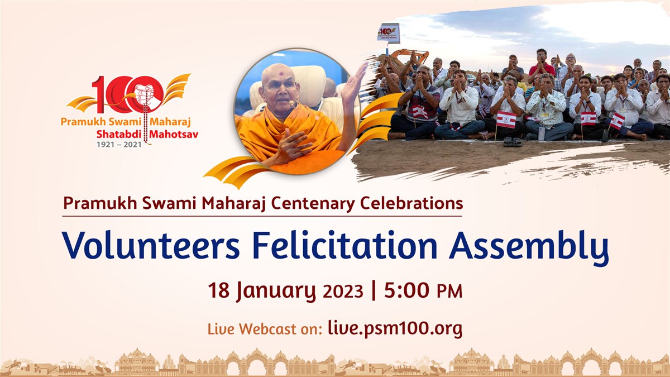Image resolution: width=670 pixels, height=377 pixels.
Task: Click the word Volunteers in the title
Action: [151, 245]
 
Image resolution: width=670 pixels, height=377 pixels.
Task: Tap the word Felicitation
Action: [345, 245]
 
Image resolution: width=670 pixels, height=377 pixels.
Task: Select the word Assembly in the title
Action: [529, 248]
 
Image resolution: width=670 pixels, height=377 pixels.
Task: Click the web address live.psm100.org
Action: [395, 328]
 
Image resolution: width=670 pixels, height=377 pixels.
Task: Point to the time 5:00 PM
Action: [423, 290]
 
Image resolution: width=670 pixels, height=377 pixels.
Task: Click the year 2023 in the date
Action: [343, 291]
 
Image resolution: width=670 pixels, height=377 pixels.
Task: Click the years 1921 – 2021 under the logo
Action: [119, 145]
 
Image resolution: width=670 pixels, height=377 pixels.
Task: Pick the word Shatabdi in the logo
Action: [119, 135]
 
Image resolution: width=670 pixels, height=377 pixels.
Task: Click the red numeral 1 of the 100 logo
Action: [99, 94]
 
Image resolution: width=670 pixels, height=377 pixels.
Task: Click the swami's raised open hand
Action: [354, 81]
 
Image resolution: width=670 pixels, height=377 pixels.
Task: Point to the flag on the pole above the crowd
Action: [388, 33]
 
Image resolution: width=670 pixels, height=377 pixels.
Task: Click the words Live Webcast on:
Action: [265, 329]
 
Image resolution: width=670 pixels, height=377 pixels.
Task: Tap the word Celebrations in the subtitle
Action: [411, 203]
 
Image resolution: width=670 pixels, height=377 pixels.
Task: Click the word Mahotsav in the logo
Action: [174, 135]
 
